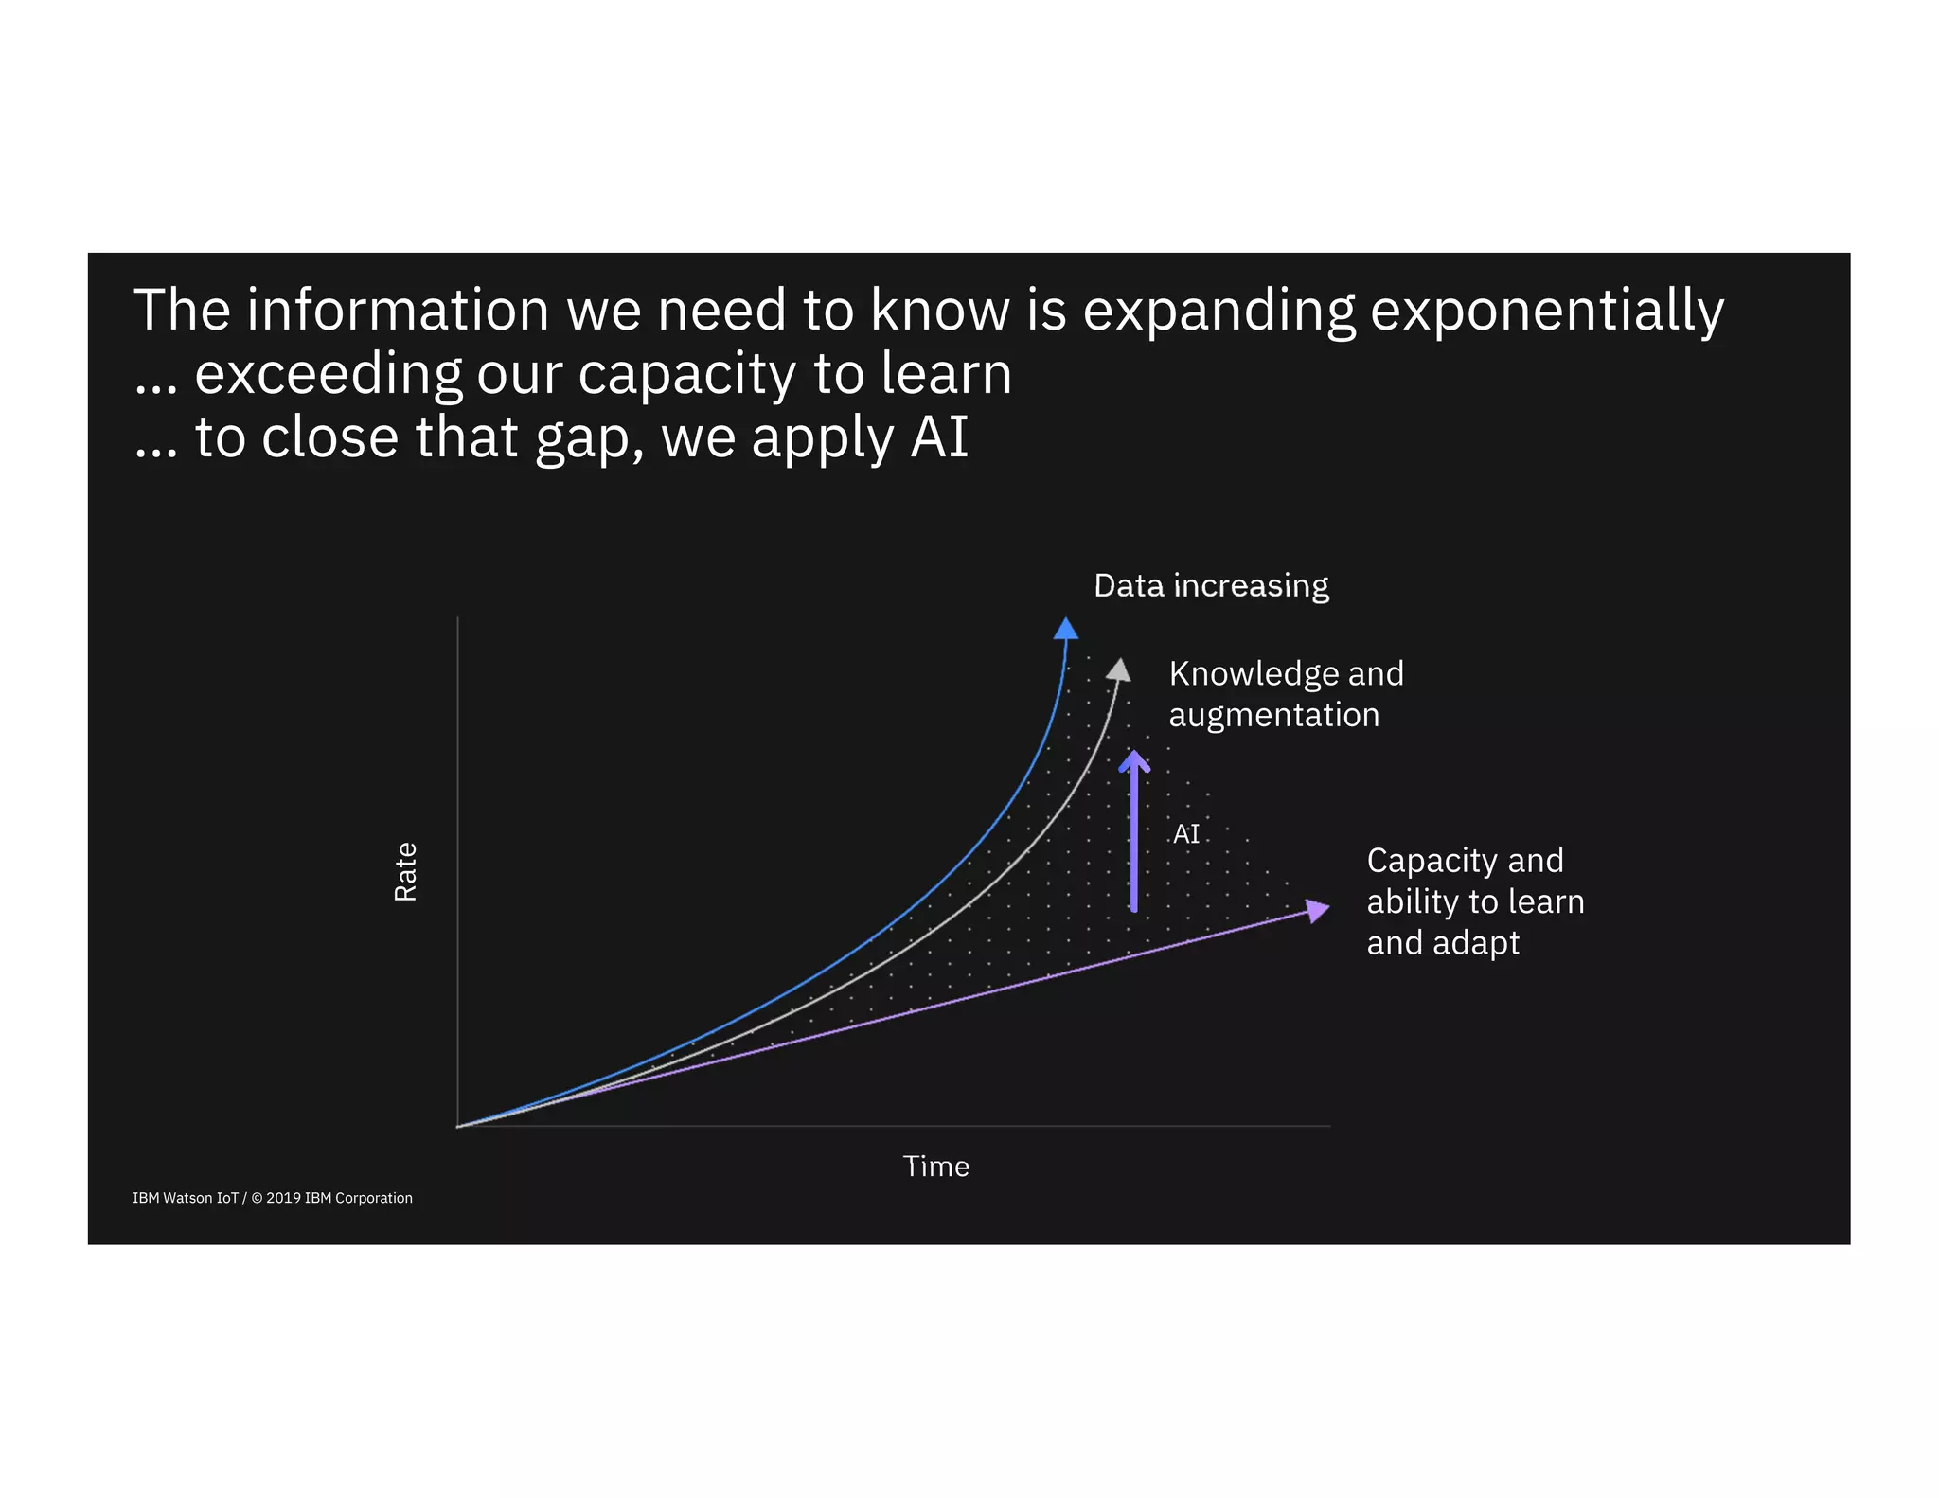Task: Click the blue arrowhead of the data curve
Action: click(x=1066, y=629)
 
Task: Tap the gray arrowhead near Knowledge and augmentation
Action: click(x=1119, y=670)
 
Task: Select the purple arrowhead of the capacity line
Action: click(x=1317, y=910)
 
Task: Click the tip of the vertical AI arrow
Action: click(x=1134, y=755)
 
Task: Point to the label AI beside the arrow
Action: click(x=1185, y=834)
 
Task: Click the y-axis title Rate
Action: click(x=405, y=871)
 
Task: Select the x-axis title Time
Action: click(x=935, y=1167)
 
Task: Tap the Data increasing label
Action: click(x=1211, y=586)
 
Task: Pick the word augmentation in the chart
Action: click(x=1273, y=715)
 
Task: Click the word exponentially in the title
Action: click(x=1546, y=311)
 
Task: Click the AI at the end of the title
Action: click(x=939, y=437)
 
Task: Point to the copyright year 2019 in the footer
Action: click(x=283, y=1198)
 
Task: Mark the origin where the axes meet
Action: click(x=458, y=1126)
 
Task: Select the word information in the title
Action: click(x=398, y=311)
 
